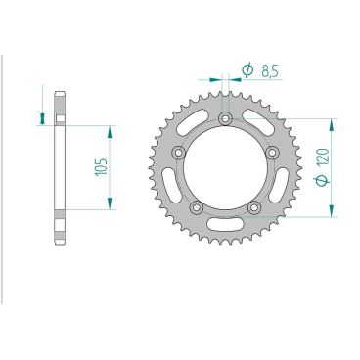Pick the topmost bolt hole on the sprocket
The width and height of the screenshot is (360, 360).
coord(226,119)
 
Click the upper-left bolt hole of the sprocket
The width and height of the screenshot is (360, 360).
coord(177,154)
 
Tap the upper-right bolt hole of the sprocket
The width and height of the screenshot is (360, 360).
coord(274,154)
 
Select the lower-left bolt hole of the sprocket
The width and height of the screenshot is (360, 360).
coord(196,207)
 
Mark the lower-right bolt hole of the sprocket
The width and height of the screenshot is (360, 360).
coord(255,207)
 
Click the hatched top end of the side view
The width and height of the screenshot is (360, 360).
coord(60,108)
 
